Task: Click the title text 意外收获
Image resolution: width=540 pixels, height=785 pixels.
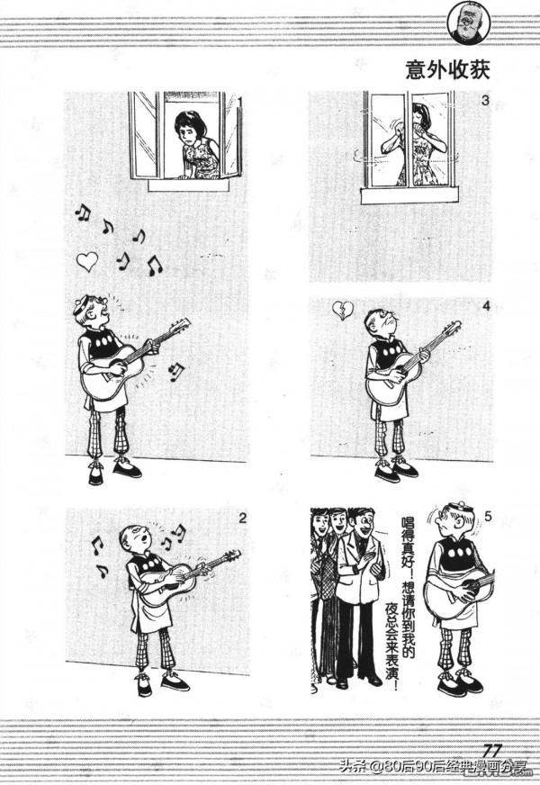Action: click(447, 70)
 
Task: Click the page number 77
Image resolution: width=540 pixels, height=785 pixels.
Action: click(491, 752)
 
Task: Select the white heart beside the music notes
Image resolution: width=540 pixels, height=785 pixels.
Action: click(87, 261)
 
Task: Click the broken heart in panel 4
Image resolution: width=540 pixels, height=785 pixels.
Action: click(343, 310)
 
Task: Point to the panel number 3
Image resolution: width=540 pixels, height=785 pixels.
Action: click(484, 101)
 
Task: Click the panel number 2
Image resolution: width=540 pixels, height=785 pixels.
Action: click(242, 519)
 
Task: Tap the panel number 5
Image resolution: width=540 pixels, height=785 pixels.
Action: click(488, 517)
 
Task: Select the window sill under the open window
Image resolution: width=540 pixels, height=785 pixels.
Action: click(189, 185)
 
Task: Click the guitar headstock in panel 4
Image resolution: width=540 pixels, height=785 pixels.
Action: click(452, 328)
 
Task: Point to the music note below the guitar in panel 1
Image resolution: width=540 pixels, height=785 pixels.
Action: click(176, 372)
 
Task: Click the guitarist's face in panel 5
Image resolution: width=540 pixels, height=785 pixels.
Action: click(445, 522)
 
